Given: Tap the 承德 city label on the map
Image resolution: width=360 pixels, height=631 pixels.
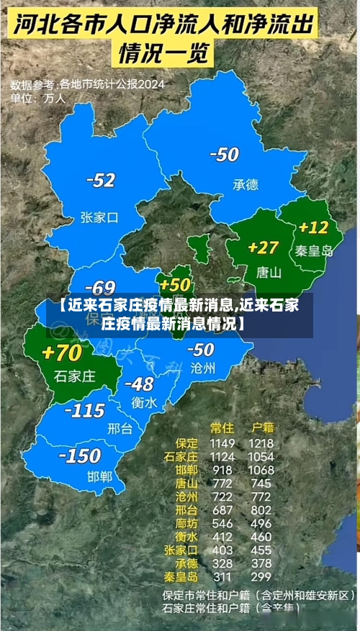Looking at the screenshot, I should [x=245, y=185].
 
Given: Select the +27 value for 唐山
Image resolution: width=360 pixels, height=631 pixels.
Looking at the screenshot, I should [x=263, y=248].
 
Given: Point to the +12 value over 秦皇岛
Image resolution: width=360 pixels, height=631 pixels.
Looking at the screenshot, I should [x=313, y=227].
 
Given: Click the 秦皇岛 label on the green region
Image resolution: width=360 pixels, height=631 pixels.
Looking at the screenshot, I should [x=314, y=251].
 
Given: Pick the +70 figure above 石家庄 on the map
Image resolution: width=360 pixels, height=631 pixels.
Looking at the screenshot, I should [x=62, y=353].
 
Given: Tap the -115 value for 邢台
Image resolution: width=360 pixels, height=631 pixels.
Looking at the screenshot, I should [x=85, y=411].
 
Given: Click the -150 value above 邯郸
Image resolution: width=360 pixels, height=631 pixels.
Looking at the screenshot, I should [x=79, y=456].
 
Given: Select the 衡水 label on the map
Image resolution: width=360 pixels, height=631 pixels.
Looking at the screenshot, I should [x=144, y=403].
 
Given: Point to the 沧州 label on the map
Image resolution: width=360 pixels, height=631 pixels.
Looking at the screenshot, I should [x=202, y=368].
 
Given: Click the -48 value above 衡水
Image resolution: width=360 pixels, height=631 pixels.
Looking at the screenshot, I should [x=138, y=384].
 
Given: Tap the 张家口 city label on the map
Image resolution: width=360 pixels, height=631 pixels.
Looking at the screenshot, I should [x=99, y=217].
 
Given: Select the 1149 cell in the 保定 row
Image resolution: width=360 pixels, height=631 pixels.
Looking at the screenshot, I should [x=222, y=443].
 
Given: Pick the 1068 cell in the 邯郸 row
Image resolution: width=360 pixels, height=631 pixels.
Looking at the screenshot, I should [x=261, y=470].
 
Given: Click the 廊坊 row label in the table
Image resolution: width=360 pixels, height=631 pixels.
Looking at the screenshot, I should [x=186, y=523].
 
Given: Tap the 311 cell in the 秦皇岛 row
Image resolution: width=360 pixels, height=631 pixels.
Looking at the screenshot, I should [x=222, y=576].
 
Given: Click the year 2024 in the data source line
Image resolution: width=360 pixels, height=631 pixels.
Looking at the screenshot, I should [x=150, y=84].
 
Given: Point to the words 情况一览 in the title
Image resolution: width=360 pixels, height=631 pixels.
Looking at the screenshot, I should [x=163, y=53].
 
